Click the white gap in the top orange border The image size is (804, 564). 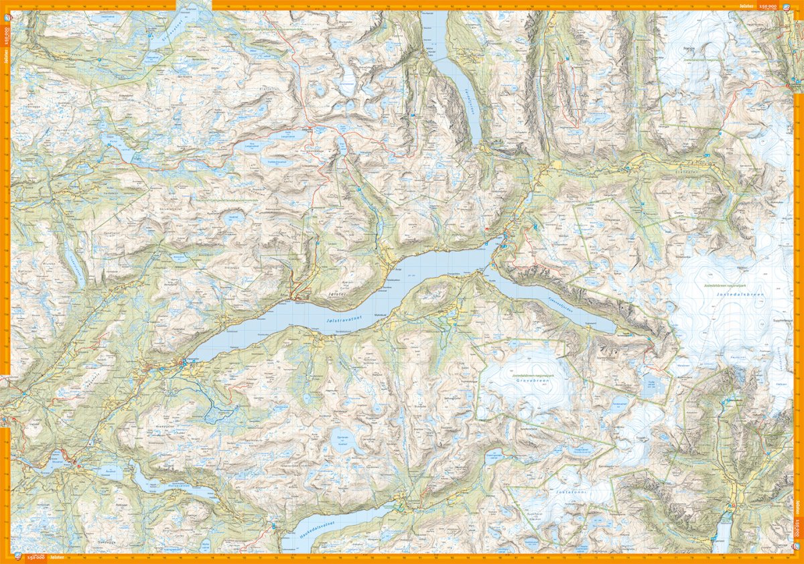194,4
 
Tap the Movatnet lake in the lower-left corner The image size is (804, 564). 55,459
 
